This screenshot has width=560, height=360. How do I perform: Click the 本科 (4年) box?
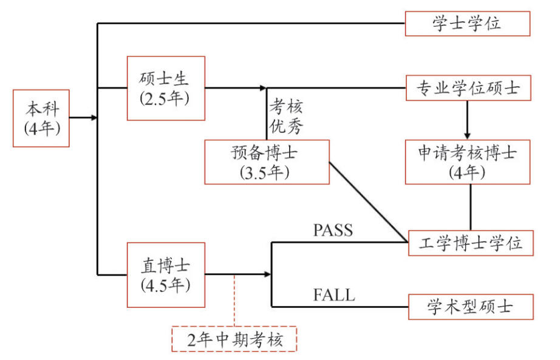tap(41, 118)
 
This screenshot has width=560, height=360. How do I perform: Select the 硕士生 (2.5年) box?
tap(166, 88)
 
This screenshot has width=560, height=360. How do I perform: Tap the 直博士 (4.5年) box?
tap(166, 274)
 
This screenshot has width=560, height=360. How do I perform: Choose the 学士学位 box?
tap(467, 24)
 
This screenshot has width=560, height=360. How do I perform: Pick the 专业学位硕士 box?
tap(467, 88)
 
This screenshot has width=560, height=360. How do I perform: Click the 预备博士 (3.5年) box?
tap(267, 161)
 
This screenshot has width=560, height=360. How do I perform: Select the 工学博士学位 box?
tap(471, 243)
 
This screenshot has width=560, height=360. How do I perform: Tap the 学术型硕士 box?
tap(471, 307)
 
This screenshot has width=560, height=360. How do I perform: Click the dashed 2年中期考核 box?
tap(234, 339)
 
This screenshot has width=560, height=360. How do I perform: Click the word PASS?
tap(333, 230)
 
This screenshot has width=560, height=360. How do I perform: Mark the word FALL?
tap(334, 296)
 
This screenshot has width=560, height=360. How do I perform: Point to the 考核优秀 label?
tap(285, 117)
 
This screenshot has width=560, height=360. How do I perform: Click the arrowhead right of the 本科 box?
tap(93, 118)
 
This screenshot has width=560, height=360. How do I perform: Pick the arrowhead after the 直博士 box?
tap(267, 274)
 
